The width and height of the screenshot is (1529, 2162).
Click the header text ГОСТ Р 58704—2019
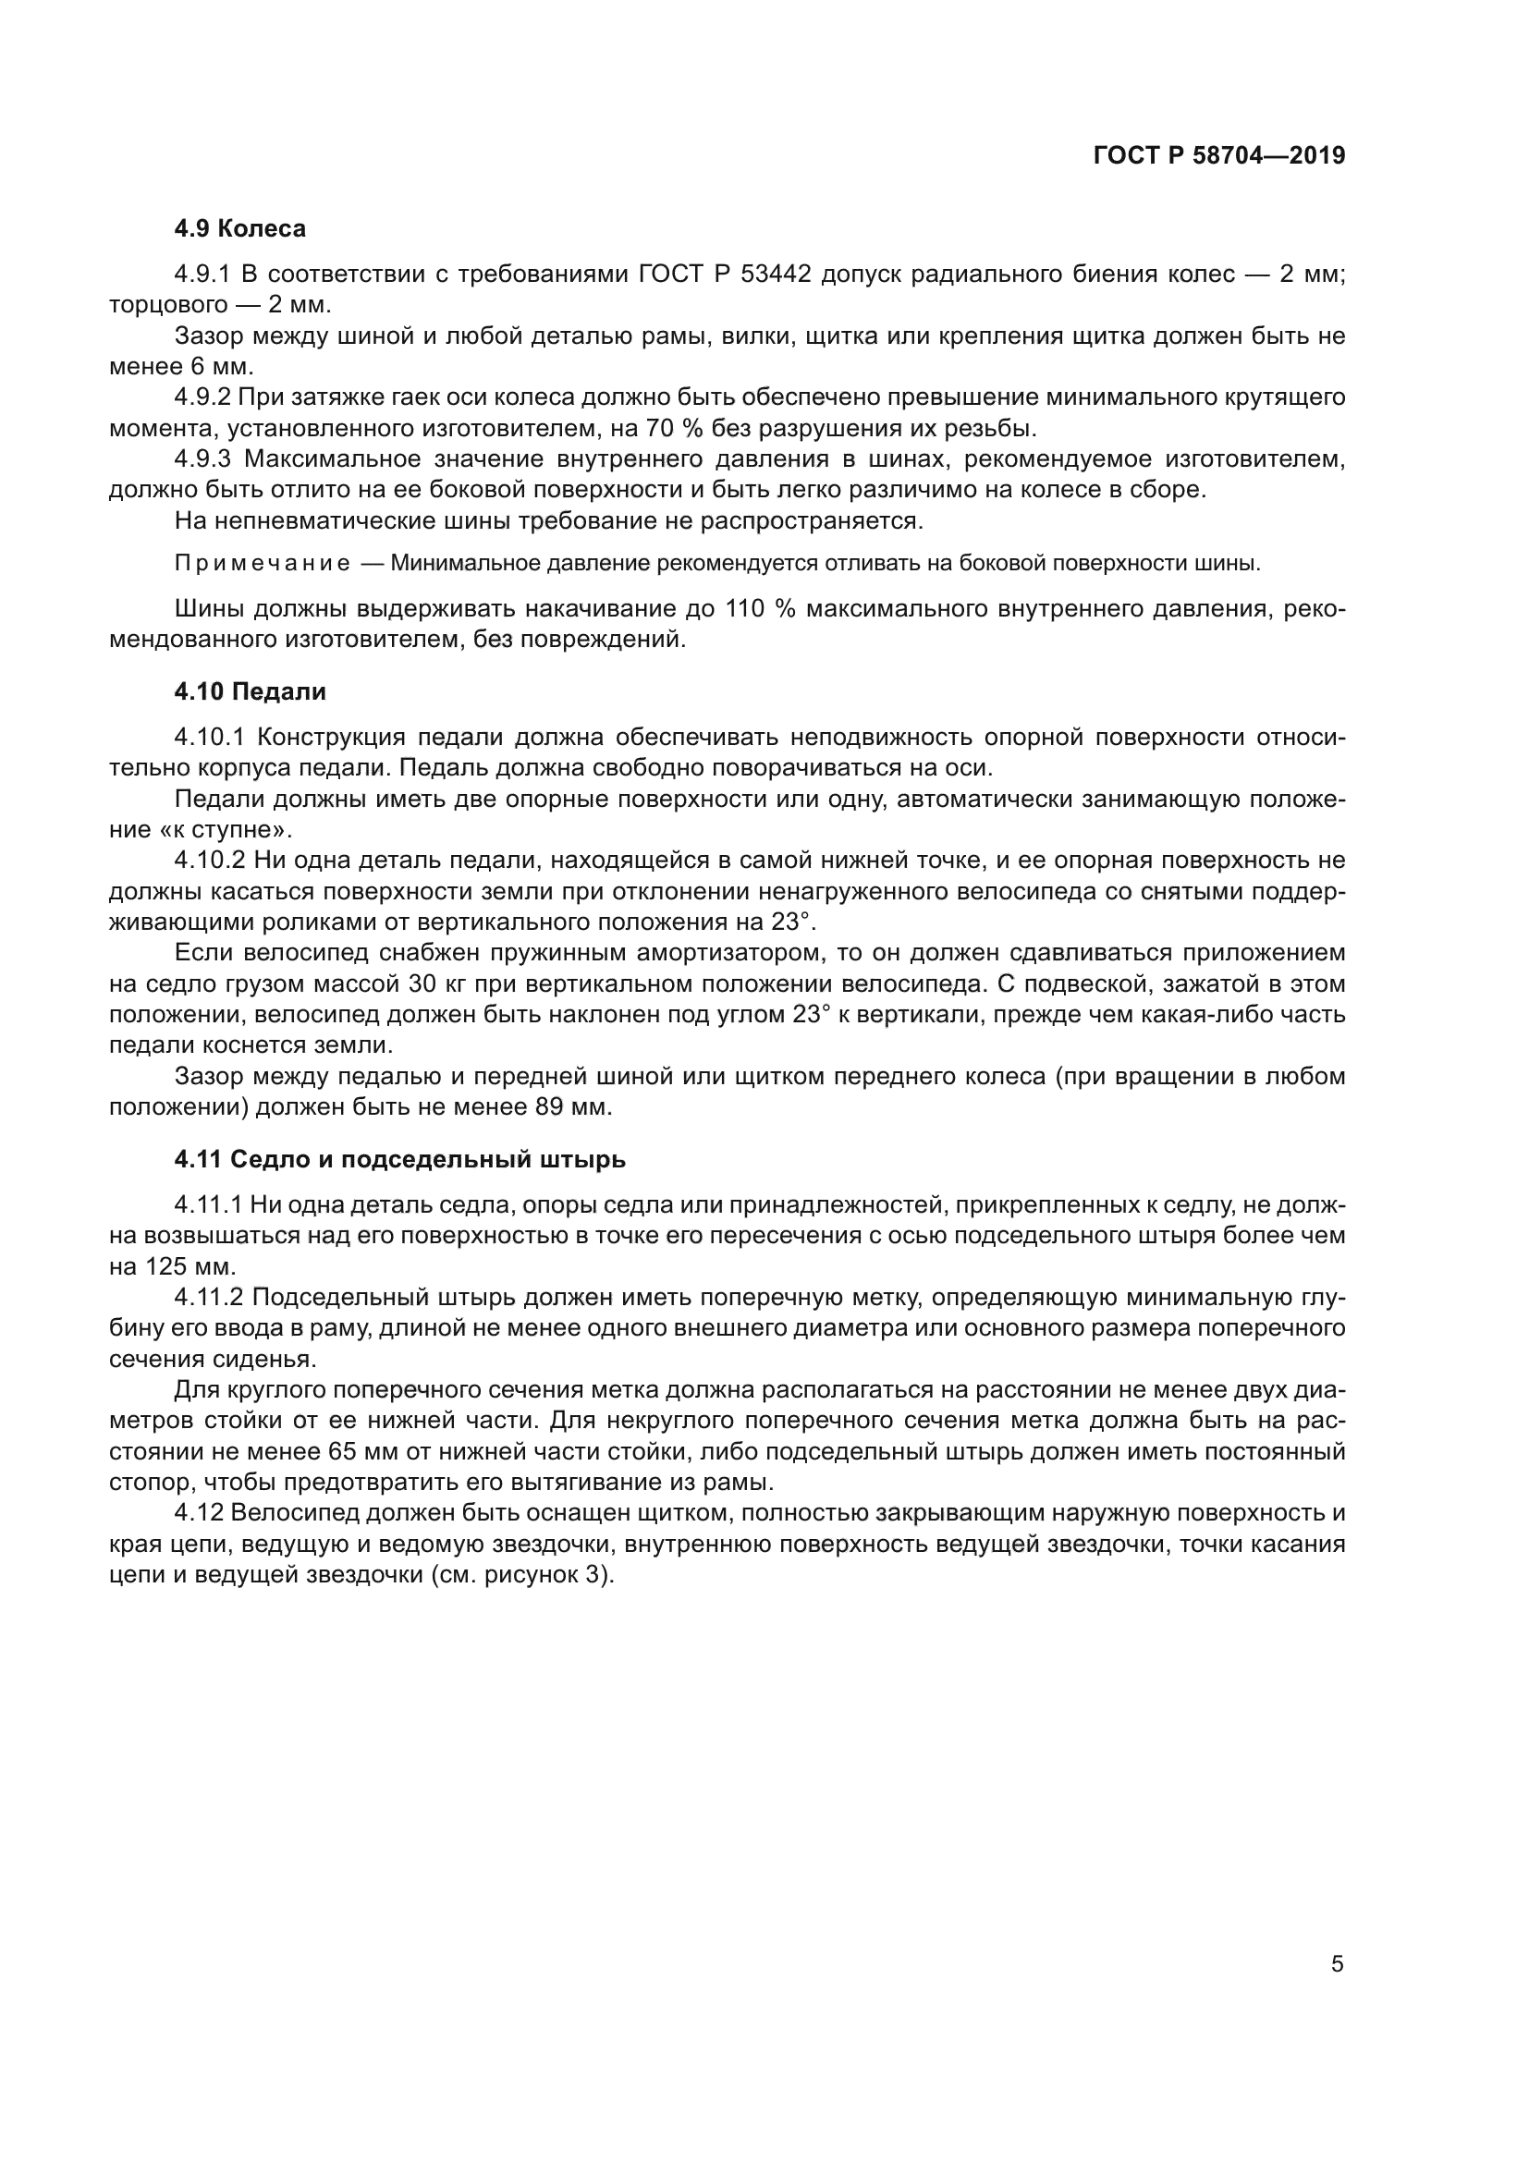1219,156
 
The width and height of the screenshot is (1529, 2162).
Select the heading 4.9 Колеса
240,229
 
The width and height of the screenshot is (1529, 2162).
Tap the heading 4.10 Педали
250,691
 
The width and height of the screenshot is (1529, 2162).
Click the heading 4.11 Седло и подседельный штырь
399,1159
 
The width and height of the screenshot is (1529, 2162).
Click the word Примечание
263,564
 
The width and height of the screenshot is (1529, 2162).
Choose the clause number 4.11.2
209,1298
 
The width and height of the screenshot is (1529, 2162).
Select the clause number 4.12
199,1513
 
